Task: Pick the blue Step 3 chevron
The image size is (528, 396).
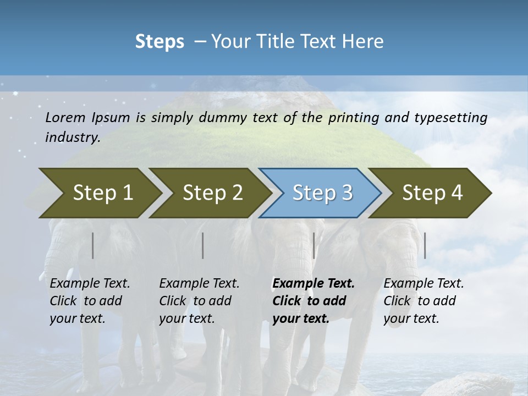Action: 322,193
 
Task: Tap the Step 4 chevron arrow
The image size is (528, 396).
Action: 432,193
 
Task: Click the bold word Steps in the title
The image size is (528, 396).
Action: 159,42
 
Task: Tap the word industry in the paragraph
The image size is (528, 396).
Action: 72,137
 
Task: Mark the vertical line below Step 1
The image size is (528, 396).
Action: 92,245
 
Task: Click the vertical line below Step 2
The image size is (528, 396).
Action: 203,245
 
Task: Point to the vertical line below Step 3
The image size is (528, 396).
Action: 313,245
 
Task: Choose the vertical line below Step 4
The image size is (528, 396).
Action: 425,245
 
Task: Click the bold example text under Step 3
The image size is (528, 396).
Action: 312,301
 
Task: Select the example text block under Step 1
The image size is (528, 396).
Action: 90,301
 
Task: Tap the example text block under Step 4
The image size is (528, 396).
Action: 423,301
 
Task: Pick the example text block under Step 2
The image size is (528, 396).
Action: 199,301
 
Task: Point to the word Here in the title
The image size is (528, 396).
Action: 365,42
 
